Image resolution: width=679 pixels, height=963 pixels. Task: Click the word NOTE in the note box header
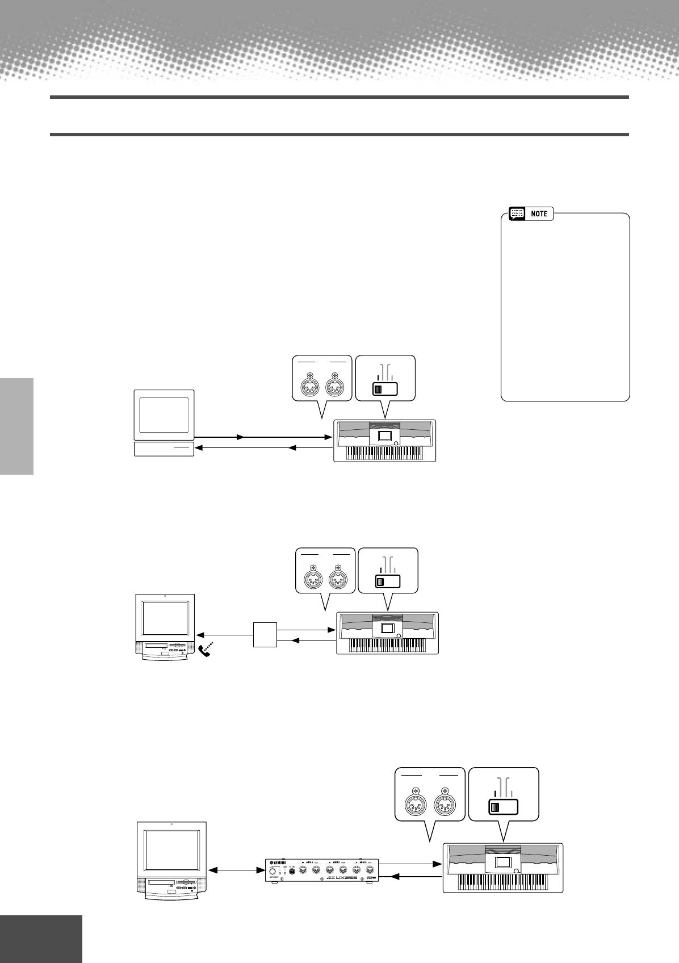[x=539, y=214]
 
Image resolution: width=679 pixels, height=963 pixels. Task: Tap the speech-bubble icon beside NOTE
[x=517, y=214]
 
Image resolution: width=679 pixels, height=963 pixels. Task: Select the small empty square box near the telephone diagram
[x=265, y=635]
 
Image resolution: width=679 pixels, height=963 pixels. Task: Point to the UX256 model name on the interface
[x=347, y=877]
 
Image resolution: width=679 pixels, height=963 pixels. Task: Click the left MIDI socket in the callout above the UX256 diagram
[x=416, y=805]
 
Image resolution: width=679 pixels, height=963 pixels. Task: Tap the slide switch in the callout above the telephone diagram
[x=388, y=581]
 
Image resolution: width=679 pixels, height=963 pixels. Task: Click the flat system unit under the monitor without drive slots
[x=164, y=449]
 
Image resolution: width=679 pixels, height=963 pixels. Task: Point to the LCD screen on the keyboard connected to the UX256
[x=503, y=862]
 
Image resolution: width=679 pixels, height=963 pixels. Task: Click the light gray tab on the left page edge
[x=16, y=426]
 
